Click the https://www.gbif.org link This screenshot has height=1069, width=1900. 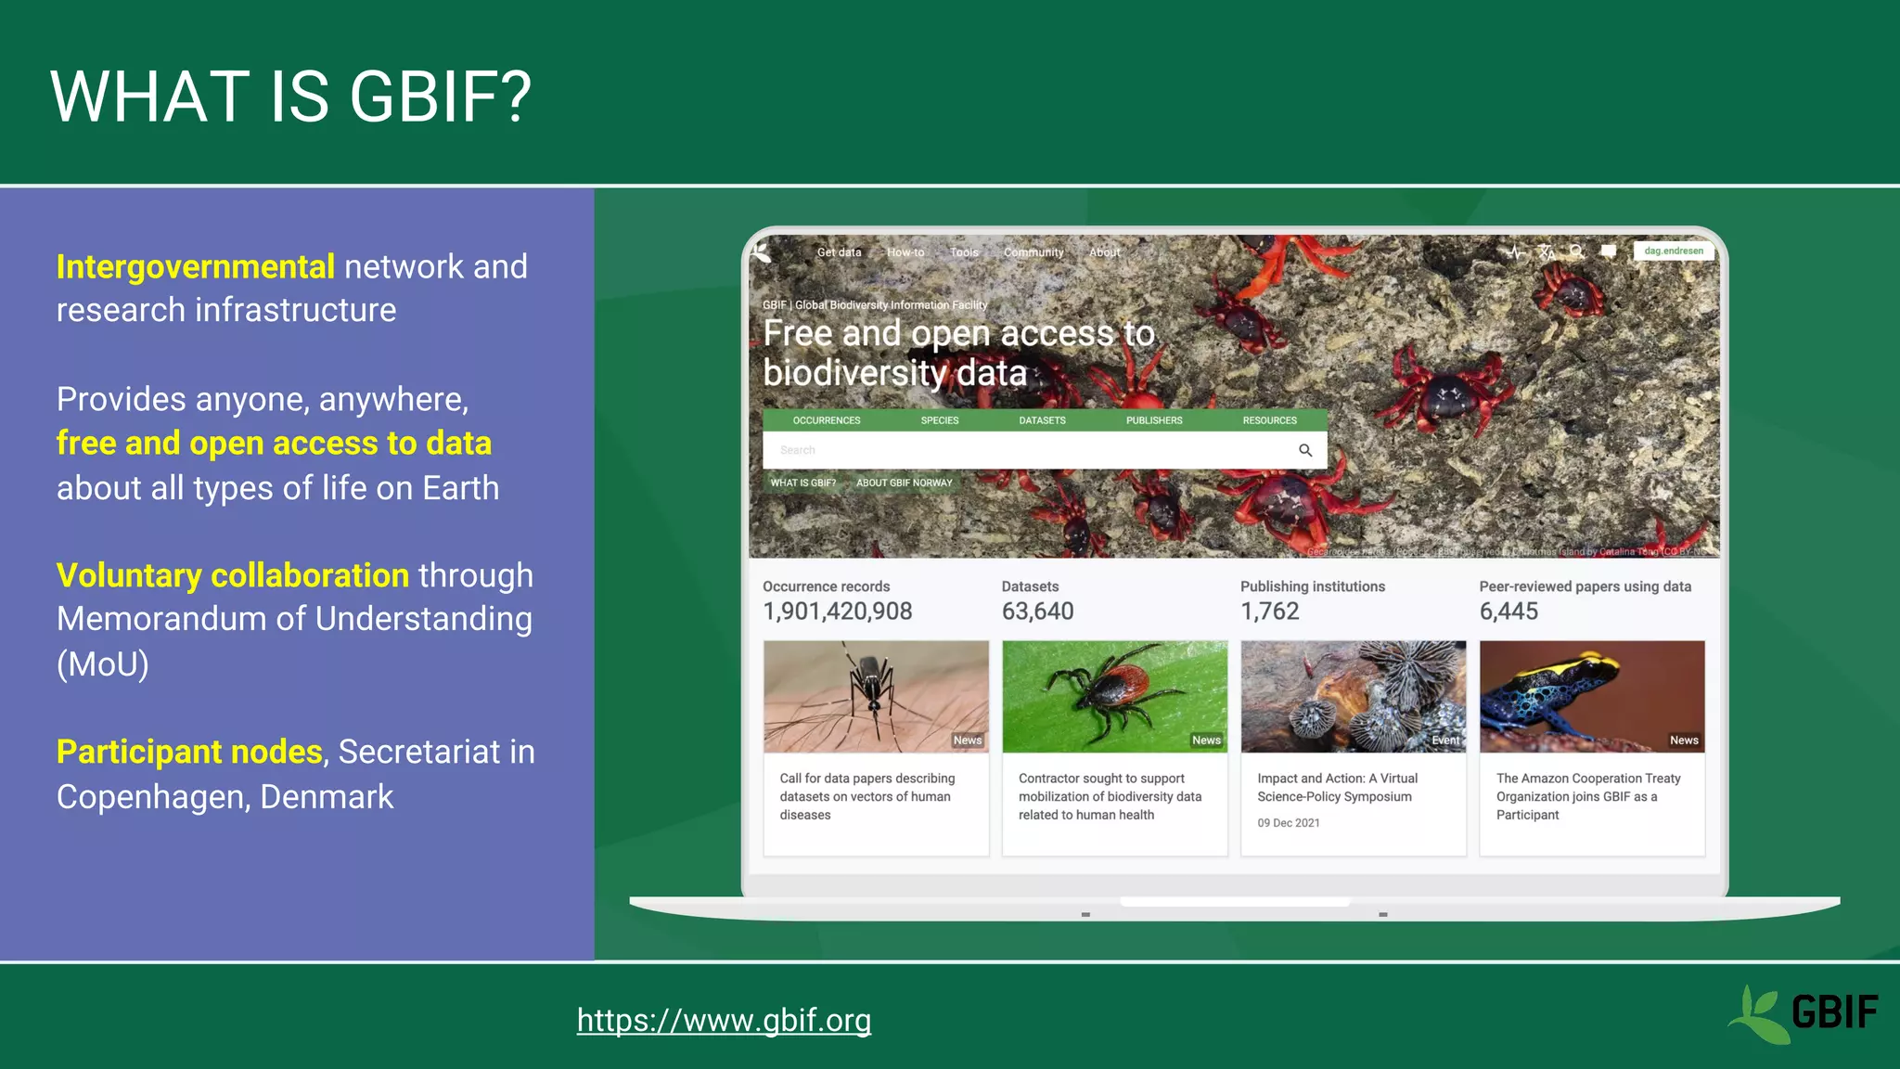tap(724, 1020)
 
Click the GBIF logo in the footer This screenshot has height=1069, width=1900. tap(1803, 1013)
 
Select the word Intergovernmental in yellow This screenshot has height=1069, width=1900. tap(195, 267)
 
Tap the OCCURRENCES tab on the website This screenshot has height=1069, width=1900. tap(826, 420)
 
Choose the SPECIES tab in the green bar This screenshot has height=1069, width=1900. tap(939, 420)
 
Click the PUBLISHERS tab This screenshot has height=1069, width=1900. tap(1153, 420)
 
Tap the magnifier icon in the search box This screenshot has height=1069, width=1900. tap(1304, 450)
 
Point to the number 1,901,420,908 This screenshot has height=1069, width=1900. tap(837, 612)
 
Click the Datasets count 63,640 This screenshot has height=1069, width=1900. tap(1037, 612)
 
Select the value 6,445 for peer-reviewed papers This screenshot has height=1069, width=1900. tap(1508, 612)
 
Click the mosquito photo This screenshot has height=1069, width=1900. tap(875, 696)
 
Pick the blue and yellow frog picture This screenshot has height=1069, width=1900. tap(1591, 696)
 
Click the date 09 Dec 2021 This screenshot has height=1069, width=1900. tap(1288, 823)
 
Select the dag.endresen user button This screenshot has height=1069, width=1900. tap(1673, 251)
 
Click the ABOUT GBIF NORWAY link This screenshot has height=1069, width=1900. tap(904, 483)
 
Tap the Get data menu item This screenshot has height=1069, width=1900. tap(839, 252)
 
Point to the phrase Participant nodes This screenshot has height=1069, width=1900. tap(189, 752)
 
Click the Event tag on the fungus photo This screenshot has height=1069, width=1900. tap(1444, 741)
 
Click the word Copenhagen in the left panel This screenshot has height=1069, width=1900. tap(152, 797)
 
